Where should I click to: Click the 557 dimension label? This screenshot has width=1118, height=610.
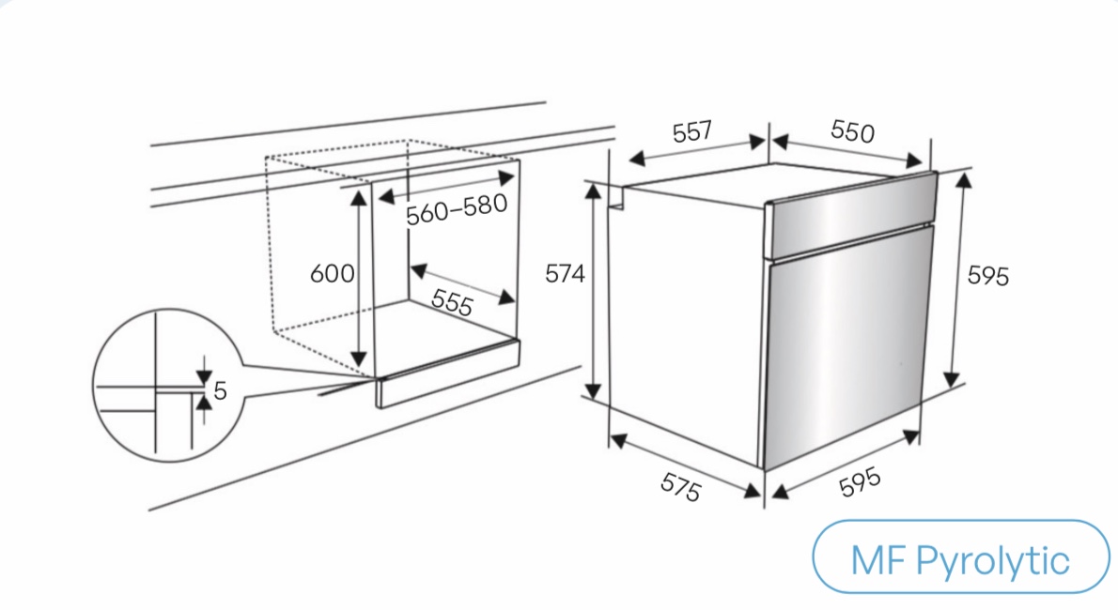click(691, 131)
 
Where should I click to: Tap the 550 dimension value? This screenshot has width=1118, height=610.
click(852, 131)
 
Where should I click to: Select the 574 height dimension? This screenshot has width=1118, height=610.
click(565, 274)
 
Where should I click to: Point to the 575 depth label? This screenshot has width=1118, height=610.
click(681, 487)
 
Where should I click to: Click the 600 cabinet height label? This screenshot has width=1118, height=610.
click(332, 274)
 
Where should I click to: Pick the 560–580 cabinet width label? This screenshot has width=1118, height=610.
click(457, 208)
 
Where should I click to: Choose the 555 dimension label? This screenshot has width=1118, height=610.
click(452, 302)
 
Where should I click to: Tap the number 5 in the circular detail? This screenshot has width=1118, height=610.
click(220, 390)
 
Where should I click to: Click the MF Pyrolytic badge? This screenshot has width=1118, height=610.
click(960, 557)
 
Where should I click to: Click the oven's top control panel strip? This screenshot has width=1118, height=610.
click(850, 215)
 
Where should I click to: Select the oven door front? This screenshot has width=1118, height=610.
click(847, 347)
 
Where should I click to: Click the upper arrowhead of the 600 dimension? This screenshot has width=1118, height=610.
click(359, 197)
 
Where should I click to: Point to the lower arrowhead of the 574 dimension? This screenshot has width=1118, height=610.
click(593, 389)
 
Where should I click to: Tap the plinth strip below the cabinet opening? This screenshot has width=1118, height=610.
click(448, 374)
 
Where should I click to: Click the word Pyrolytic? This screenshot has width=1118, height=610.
click(992, 561)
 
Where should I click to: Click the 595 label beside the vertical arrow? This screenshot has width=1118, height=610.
click(988, 276)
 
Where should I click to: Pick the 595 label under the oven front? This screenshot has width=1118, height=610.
click(860, 482)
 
